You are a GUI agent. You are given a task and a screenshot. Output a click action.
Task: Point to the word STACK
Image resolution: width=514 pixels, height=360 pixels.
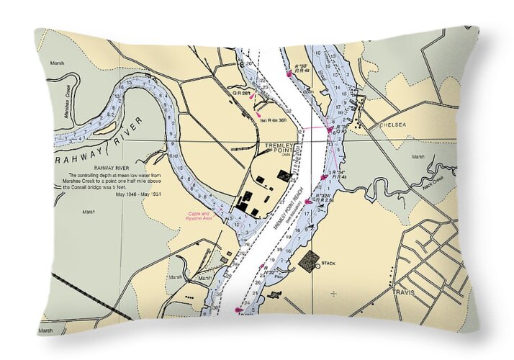[x=329, y=264]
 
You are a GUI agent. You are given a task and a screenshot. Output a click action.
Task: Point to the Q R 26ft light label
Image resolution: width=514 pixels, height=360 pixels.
[x=240, y=93]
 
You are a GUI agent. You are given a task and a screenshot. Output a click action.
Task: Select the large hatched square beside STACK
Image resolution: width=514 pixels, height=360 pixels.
[x=309, y=261]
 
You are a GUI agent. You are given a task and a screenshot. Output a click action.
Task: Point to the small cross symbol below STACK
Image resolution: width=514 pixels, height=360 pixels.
[x=334, y=293]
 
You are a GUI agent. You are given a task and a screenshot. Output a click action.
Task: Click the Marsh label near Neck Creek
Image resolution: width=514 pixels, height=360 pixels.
[x=418, y=156]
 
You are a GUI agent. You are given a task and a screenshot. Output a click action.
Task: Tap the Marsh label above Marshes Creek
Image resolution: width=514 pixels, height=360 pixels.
[x=57, y=63]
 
